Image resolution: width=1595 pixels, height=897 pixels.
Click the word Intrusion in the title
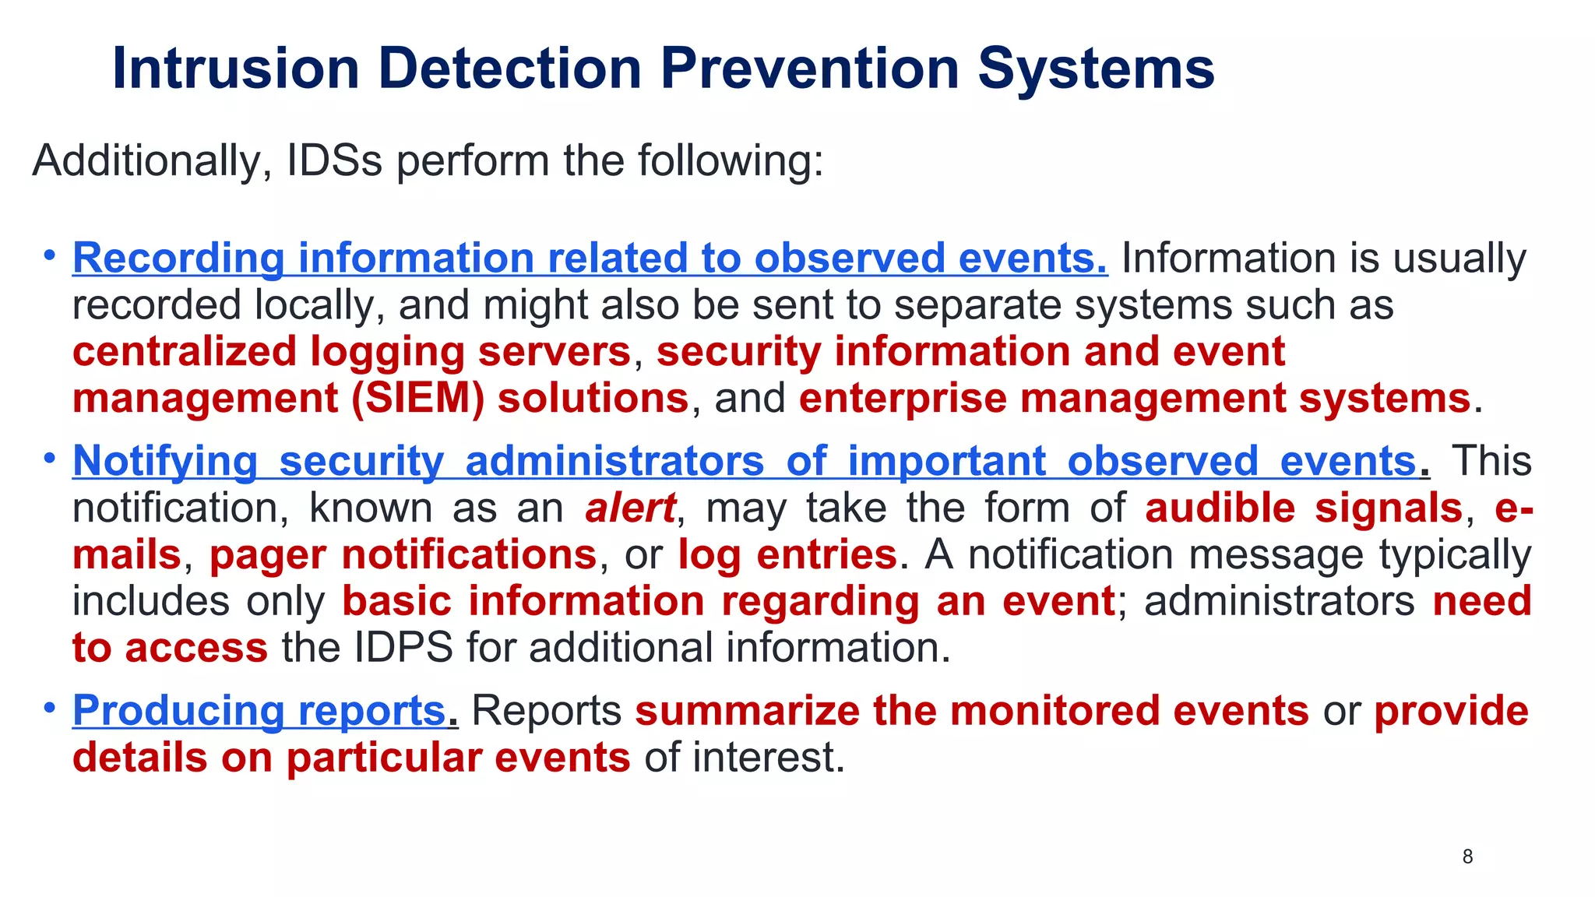pyautogui.click(x=235, y=69)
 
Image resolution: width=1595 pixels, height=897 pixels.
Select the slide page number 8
pyautogui.click(x=1467, y=857)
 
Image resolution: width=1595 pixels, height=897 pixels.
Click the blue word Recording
pyautogui.click(x=178, y=259)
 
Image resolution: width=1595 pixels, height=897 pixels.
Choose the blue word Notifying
pyautogui.click(x=165, y=461)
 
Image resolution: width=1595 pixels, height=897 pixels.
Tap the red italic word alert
pyautogui.click(x=630, y=508)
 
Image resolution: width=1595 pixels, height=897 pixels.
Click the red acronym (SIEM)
pyautogui.click(x=417, y=399)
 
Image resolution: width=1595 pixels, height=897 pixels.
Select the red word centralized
pyautogui.click(x=185, y=352)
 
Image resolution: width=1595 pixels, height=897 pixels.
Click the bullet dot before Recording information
pyautogui.click(x=50, y=255)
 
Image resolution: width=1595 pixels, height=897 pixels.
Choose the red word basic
pyautogui.click(x=396, y=602)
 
